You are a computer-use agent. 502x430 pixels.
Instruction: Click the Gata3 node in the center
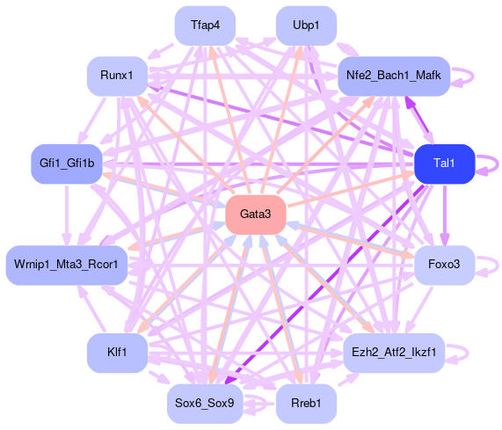tap(256, 215)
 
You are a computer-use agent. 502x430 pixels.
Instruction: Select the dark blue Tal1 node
tap(444, 164)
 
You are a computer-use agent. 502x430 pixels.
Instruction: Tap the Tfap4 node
tap(205, 26)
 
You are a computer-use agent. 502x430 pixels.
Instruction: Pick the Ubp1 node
tap(306, 26)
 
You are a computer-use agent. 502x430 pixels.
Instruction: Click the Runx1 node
tap(117, 77)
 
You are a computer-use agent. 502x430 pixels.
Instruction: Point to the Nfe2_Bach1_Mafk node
tap(394, 77)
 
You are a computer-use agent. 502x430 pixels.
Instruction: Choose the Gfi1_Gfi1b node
tap(67, 164)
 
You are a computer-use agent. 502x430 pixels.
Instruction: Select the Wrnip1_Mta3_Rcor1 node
tap(67, 265)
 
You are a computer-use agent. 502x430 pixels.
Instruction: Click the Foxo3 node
tap(444, 265)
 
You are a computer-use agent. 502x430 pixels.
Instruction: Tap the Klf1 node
tap(117, 353)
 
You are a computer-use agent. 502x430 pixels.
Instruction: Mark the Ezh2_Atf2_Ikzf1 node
tap(394, 353)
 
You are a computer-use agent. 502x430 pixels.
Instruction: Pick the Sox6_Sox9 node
tap(205, 404)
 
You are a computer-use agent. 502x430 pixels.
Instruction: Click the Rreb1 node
tap(306, 404)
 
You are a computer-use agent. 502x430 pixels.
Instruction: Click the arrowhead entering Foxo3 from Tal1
tap(445, 239)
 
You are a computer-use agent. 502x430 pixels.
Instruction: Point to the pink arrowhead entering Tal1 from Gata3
tap(408, 174)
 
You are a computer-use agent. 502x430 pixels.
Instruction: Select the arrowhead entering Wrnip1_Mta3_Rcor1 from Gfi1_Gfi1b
tap(67, 239)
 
